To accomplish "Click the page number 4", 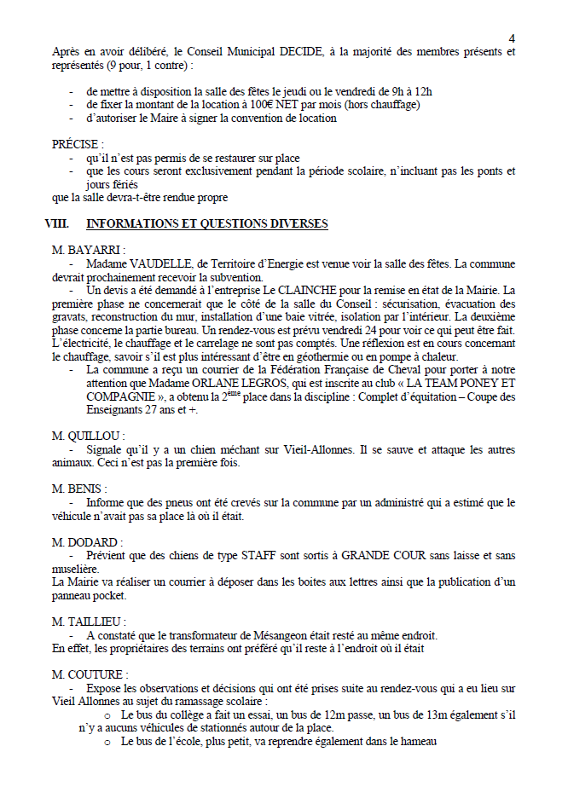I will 512,38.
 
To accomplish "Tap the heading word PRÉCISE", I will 78,145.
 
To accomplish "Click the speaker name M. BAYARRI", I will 88,251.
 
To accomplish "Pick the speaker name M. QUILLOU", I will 88,436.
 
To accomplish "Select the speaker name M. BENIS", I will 79,489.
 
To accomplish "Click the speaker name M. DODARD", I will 87,542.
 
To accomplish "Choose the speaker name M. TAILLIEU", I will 89,622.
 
